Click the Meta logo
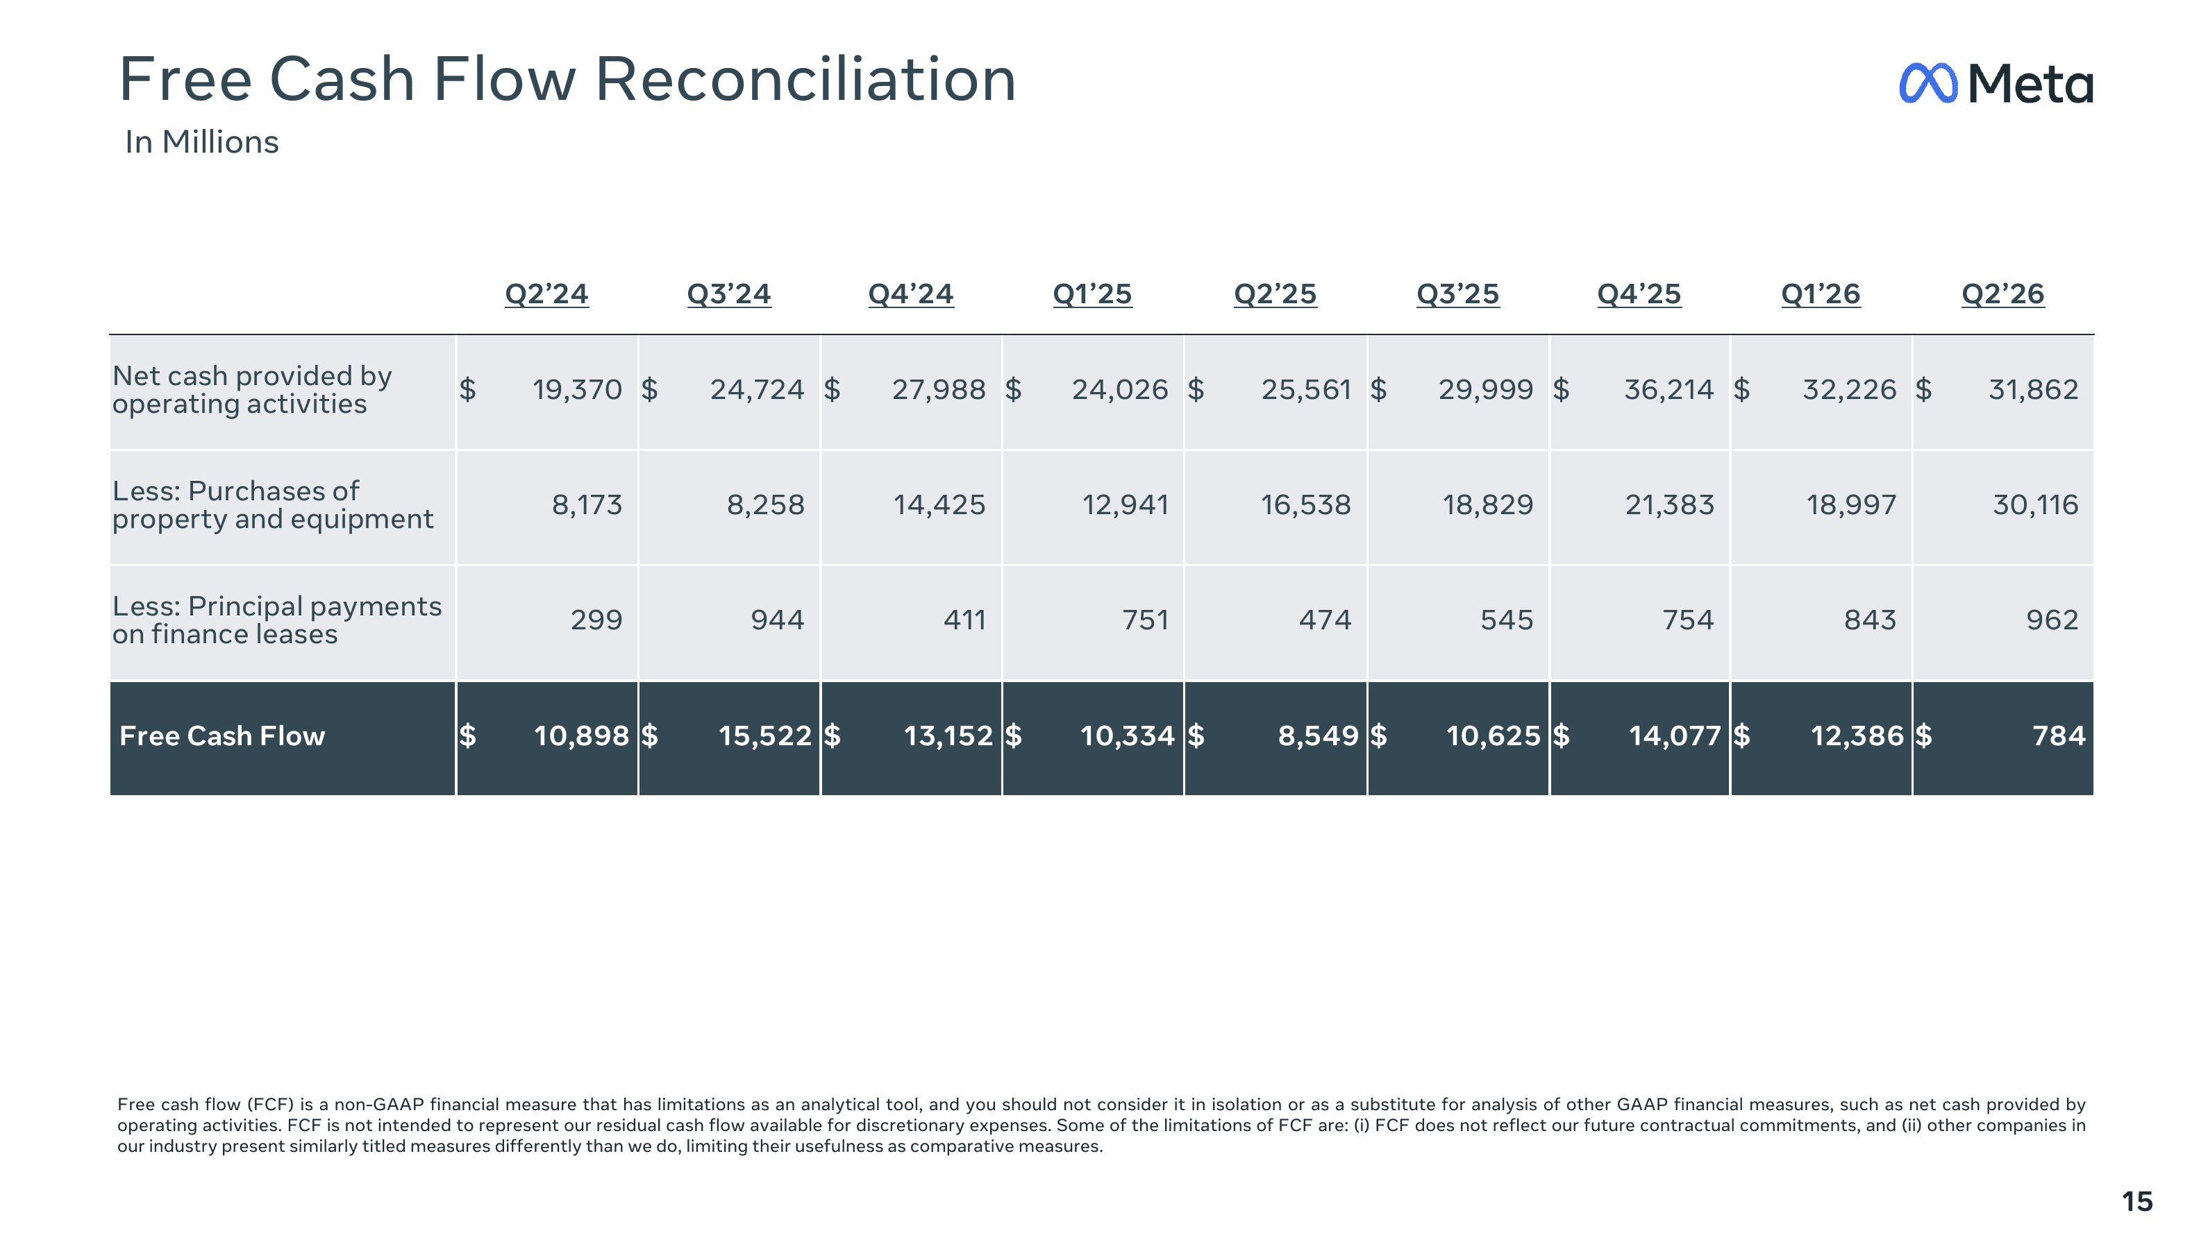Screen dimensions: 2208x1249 pyautogui.click(x=1996, y=83)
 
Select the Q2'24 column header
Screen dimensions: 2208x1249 pyautogui.click(x=546, y=294)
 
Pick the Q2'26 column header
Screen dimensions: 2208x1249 pyautogui.click(x=2003, y=294)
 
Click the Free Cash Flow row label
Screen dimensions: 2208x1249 pyautogui.click(x=222, y=736)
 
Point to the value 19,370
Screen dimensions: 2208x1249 pyautogui.click(x=577, y=389)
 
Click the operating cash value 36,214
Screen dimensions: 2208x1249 pyautogui.click(x=1669, y=389)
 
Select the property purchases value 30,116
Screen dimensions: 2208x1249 pyautogui.click(x=2036, y=504)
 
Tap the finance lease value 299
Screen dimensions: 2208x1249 pyautogui.click(x=596, y=620)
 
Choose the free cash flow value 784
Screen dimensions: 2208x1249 pyautogui.click(x=2059, y=736)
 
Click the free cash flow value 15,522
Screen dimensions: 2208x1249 pyautogui.click(x=764, y=736)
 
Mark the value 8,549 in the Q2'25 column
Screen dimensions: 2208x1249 pyautogui.click(x=1318, y=736)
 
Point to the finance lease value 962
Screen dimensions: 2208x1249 pyautogui.click(x=2052, y=620)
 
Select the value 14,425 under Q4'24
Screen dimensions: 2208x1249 pyautogui.click(x=939, y=504)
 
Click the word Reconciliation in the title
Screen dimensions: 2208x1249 pyautogui.click(x=806, y=79)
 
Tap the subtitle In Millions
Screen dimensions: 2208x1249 pyautogui.click(x=201, y=142)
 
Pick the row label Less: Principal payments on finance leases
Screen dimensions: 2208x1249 pyautogui.click(x=277, y=620)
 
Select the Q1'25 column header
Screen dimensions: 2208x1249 pyautogui.click(x=1092, y=294)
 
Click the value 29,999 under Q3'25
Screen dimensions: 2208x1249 pyautogui.click(x=1485, y=389)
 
